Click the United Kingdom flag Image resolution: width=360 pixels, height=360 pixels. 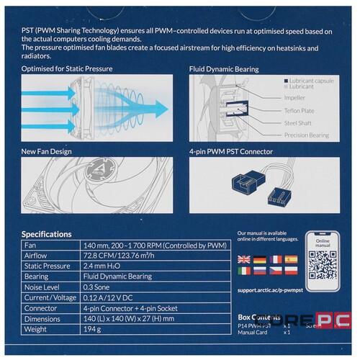[243, 259]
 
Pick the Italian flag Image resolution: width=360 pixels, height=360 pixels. [243, 271]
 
